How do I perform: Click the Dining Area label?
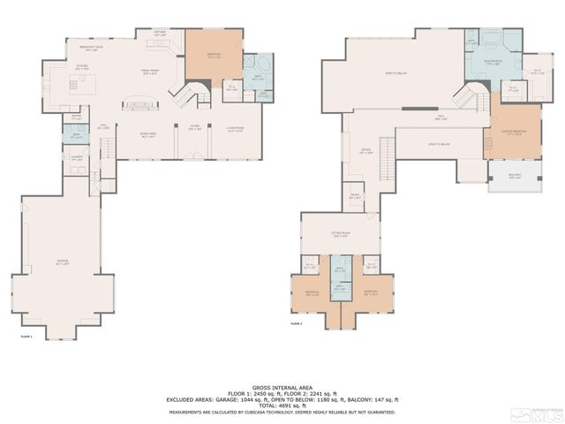click(x=147, y=134)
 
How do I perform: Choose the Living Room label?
click(x=235, y=128)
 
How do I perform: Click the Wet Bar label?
click(x=160, y=34)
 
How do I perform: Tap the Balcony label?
click(x=515, y=176)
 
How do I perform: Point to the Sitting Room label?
click(x=340, y=235)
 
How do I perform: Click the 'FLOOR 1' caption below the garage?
click(x=26, y=337)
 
